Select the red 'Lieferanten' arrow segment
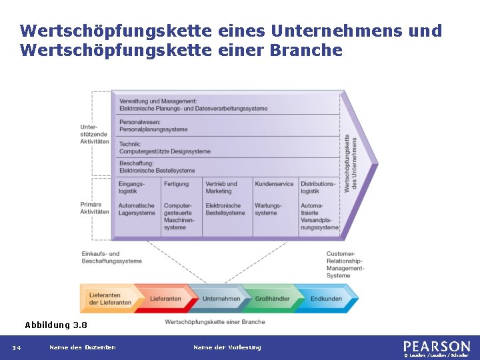tap(165, 299)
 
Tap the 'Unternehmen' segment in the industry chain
tap(221, 299)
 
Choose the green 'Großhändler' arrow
tap(273, 299)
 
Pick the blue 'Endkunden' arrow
tap(326, 299)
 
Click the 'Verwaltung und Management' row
tap(193, 105)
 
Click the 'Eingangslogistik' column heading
tap(131, 187)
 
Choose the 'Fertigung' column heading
tap(177, 184)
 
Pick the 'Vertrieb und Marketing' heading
tap(221, 187)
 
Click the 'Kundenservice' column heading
tap(274, 184)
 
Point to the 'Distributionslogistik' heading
tap(318, 187)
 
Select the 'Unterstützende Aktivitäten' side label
tap(94, 134)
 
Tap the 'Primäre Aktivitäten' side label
tap(94, 208)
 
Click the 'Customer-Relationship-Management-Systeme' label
tap(345, 265)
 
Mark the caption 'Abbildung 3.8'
tap(56, 325)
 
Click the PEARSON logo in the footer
tap(437, 346)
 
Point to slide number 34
tap(16, 347)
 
